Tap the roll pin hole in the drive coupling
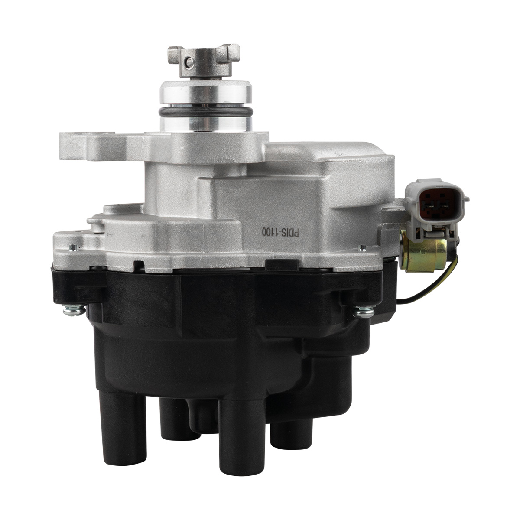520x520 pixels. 190,62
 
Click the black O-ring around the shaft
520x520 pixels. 206,111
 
